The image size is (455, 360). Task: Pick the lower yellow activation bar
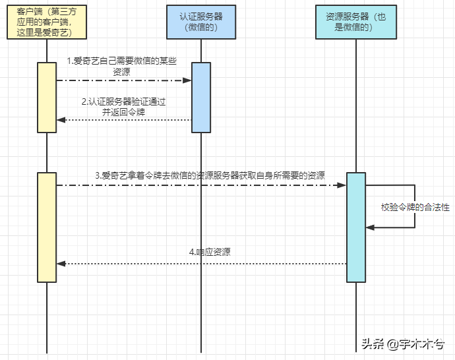[47, 227]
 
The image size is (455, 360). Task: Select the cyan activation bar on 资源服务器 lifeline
[356, 227]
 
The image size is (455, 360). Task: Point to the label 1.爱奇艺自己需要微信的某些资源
[122, 66]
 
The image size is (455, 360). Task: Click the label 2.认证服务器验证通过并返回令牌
[123, 107]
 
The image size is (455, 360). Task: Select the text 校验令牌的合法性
[415, 207]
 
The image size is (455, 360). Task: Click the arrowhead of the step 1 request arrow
[188, 80]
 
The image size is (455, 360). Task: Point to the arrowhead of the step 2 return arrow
[61, 120]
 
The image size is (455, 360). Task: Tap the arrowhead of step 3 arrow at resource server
[343, 185]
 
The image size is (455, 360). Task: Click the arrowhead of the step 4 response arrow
[61, 264]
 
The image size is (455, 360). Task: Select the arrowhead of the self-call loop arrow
[370, 227]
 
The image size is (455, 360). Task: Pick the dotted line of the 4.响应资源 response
[198, 264]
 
